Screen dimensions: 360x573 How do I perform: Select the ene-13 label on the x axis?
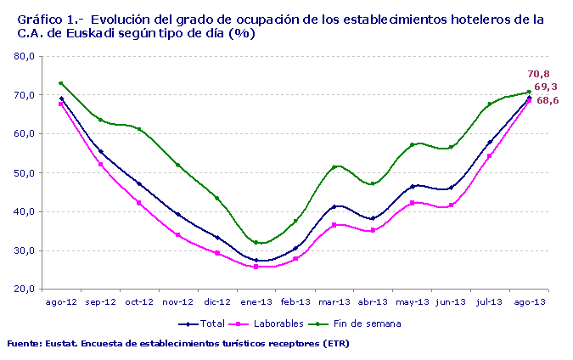tap(256, 301)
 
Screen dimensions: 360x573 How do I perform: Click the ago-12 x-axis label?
tap(61, 301)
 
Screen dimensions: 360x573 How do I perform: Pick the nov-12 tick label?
tap(177, 301)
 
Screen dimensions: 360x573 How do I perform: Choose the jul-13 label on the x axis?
tap(490, 301)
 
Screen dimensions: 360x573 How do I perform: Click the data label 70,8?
tap(538, 74)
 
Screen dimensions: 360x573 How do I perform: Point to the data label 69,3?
tap(546, 87)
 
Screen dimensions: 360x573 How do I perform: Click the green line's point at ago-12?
tap(61, 83)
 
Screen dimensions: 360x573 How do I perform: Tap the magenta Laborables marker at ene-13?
tap(256, 267)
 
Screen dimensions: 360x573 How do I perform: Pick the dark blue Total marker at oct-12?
tap(139, 183)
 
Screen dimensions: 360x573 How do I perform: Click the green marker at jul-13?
tap(490, 104)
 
